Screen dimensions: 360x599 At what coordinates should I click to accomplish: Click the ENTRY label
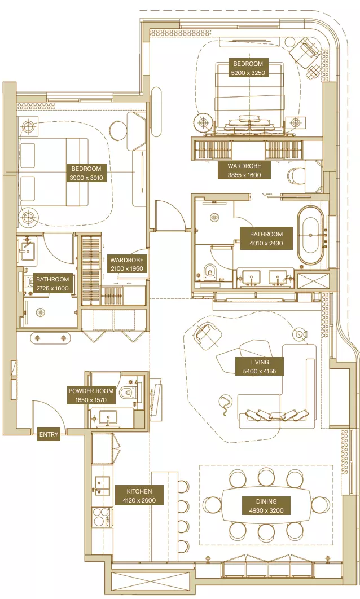(49, 434)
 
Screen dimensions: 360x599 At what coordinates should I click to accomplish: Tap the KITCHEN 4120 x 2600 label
(139, 495)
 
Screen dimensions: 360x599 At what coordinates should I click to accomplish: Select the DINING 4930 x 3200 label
(266, 506)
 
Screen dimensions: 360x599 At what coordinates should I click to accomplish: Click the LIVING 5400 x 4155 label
(260, 367)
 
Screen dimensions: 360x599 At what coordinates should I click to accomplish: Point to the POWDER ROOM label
(91, 395)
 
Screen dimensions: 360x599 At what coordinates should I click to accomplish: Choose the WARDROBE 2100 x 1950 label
(127, 264)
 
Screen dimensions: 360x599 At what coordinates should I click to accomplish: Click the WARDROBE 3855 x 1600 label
(244, 170)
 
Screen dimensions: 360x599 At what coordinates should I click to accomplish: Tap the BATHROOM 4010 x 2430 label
(266, 239)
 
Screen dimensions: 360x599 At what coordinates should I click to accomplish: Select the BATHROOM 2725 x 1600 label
(52, 284)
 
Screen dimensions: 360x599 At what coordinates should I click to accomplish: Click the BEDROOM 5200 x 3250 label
(248, 68)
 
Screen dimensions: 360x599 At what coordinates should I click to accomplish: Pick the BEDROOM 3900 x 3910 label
(86, 173)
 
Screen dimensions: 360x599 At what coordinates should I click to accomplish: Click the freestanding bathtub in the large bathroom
(310, 235)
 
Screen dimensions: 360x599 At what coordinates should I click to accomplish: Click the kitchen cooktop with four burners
(102, 518)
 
